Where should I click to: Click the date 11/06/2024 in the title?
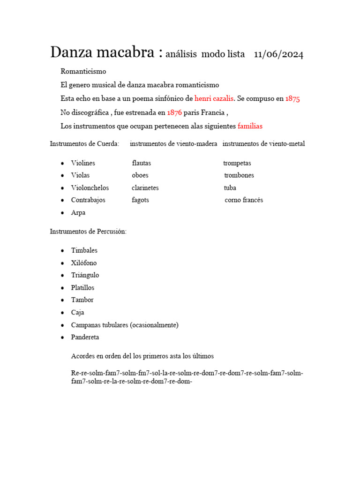(x=278, y=54)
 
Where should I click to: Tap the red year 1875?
(x=292, y=98)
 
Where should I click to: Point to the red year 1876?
(x=174, y=112)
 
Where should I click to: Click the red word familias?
(x=250, y=126)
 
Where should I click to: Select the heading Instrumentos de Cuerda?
(x=84, y=143)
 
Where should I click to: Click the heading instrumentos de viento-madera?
(x=173, y=143)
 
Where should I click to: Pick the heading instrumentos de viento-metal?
(x=263, y=143)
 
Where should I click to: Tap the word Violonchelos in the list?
(x=90, y=187)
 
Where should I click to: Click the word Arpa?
(x=78, y=212)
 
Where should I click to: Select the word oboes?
(x=140, y=175)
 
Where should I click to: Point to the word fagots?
(x=141, y=200)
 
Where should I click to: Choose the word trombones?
(x=239, y=175)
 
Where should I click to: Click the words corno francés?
(x=244, y=200)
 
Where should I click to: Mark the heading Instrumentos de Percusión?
(x=88, y=232)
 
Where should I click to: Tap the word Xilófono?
(x=84, y=263)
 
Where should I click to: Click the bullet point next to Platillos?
(x=62, y=288)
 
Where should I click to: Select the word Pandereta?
(x=85, y=337)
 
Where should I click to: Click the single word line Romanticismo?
(x=83, y=71)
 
